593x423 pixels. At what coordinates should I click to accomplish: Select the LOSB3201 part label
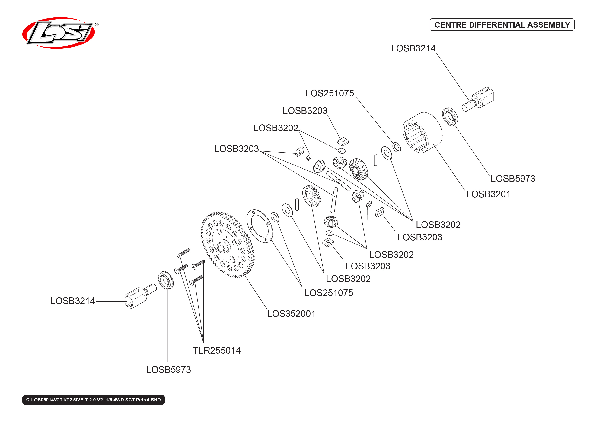[x=488, y=194]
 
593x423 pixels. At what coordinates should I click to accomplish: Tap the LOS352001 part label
[x=291, y=314]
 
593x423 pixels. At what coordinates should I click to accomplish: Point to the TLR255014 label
[x=216, y=351]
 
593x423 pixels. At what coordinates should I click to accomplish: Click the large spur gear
[x=227, y=245]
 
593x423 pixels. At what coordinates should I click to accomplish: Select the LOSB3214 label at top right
[x=413, y=48]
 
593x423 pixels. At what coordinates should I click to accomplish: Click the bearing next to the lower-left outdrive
[x=166, y=280]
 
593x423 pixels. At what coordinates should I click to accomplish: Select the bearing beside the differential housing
[x=450, y=117]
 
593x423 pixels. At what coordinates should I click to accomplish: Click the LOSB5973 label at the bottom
[x=168, y=370]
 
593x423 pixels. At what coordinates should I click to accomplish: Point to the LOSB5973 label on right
[x=513, y=179]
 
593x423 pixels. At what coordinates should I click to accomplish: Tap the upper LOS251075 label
[x=329, y=93]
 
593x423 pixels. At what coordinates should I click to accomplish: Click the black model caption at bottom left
[x=93, y=400]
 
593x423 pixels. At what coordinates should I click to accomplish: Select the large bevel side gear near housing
[x=359, y=169]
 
